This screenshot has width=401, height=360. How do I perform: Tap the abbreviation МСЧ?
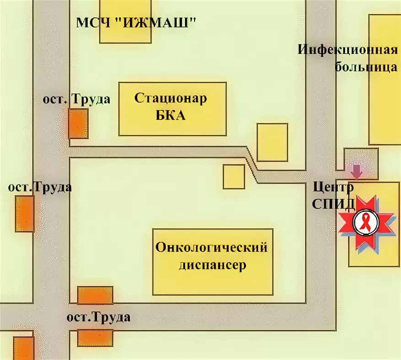click(92, 23)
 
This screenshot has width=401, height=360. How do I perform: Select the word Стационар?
click(170, 98)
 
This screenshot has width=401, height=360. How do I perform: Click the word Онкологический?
click(211, 248)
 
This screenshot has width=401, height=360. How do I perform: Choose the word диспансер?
click(212, 265)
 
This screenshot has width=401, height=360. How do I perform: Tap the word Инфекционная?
click(347, 49)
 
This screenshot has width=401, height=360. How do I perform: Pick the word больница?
click(366, 67)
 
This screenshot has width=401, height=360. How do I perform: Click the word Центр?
click(333, 187)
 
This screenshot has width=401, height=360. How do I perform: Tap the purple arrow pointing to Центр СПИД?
click(357, 171)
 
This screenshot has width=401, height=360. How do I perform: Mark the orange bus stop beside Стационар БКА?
click(78, 123)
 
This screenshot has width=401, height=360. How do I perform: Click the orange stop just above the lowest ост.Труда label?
click(95, 295)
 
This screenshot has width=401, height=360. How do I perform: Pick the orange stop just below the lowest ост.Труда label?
click(95, 338)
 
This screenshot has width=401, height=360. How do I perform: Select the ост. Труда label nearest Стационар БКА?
click(76, 99)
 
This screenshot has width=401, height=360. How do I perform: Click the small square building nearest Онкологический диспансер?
click(234, 177)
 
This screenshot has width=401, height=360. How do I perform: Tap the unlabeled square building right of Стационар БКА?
click(272, 142)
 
